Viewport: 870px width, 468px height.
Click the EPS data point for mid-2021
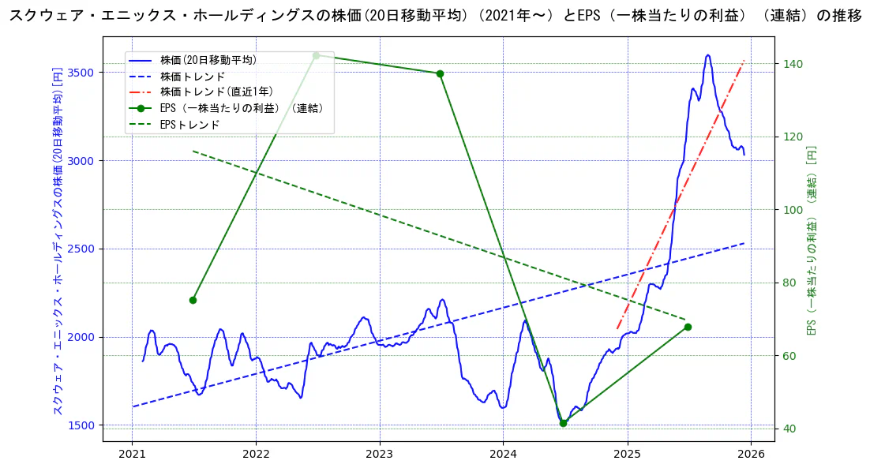(x=193, y=300)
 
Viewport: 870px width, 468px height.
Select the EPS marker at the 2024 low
(x=563, y=423)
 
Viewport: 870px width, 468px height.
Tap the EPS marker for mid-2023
(x=440, y=73)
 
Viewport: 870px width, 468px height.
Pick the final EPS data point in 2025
(x=688, y=327)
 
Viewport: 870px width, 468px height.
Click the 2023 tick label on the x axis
(x=379, y=454)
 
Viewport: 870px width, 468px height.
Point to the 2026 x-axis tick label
(x=751, y=454)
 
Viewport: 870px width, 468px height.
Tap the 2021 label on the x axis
(x=132, y=454)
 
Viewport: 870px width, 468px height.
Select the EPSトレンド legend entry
(x=189, y=125)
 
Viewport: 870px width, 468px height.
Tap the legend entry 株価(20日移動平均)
(x=208, y=59)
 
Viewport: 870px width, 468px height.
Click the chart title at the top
(x=435, y=17)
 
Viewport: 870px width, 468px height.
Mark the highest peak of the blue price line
(x=708, y=55)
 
